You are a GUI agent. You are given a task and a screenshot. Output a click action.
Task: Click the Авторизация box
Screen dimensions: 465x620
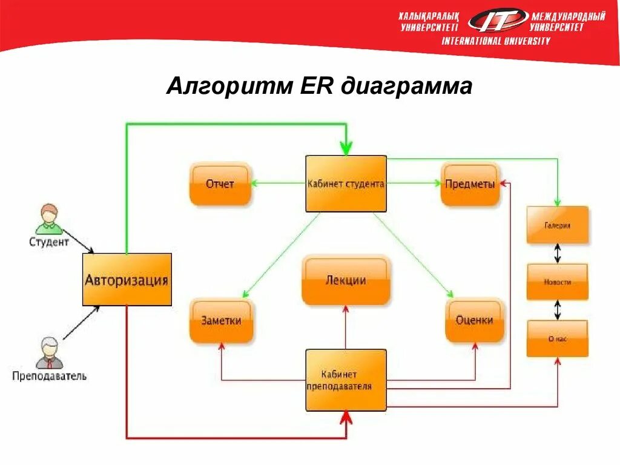point(127,279)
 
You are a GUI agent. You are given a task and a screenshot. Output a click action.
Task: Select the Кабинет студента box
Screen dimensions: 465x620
point(346,183)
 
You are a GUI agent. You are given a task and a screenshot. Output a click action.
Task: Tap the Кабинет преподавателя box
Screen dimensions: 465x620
point(346,380)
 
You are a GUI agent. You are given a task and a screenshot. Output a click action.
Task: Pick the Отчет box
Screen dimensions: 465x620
point(220,184)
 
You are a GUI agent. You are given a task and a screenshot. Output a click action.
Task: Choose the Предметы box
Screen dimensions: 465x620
point(470,184)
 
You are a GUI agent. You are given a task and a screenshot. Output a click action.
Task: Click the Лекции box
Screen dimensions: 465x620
point(346,280)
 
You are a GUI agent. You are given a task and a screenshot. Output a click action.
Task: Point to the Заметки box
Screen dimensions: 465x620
point(221,320)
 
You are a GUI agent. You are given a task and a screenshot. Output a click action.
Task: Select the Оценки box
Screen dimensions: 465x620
point(474,320)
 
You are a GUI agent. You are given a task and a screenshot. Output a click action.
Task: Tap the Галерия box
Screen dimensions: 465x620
point(557,225)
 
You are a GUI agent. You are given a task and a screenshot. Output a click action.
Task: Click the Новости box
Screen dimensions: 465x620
point(557,282)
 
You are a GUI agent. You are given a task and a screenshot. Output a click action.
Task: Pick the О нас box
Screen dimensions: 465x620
point(557,338)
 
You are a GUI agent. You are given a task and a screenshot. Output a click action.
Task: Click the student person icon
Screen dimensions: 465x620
point(48,219)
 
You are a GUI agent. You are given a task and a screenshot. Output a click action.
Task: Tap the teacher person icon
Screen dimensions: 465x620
point(48,353)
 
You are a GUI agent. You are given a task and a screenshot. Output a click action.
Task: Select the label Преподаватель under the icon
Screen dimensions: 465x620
point(50,376)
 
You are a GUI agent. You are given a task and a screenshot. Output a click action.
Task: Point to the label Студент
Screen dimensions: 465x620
point(49,242)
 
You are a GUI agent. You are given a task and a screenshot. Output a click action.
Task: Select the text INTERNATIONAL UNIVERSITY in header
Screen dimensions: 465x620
point(496,41)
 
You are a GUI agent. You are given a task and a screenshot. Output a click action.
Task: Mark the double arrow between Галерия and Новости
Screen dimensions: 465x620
point(558,253)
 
